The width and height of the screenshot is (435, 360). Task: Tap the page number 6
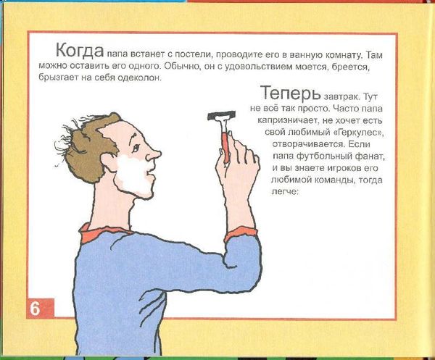pyautogui.click(x=35, y=307)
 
